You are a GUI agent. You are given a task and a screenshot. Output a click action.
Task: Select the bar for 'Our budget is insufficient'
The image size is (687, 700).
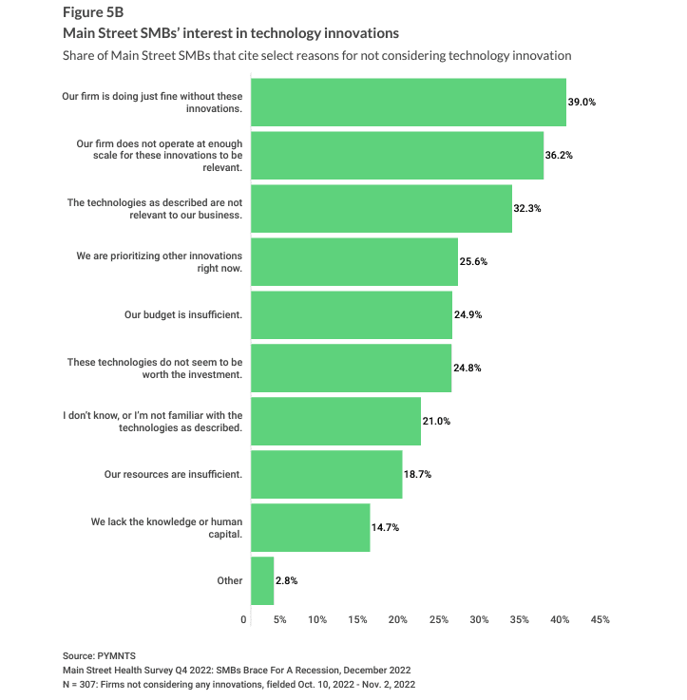(351, 314)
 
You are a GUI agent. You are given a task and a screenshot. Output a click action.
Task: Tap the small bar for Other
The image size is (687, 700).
(262, 580)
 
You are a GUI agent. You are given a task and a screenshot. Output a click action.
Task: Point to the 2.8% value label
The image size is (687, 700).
(289, 580)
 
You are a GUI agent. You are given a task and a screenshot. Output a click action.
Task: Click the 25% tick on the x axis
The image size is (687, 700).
(439, 620)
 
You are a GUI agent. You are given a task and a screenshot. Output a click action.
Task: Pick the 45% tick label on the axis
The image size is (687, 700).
(600, 620)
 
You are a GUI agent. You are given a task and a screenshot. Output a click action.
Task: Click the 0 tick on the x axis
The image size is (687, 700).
(245, 620)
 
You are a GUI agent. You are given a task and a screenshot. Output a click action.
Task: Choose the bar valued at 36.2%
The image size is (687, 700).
(396, 155)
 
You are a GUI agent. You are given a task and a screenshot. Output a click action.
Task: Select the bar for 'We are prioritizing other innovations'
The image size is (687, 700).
(353, 261)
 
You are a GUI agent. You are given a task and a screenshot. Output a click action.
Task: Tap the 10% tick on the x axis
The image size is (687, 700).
(317, 620)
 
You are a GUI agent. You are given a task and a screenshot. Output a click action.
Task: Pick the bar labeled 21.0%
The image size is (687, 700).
(335, 421)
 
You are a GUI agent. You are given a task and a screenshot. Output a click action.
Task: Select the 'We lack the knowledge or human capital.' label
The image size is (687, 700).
(166, 527)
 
